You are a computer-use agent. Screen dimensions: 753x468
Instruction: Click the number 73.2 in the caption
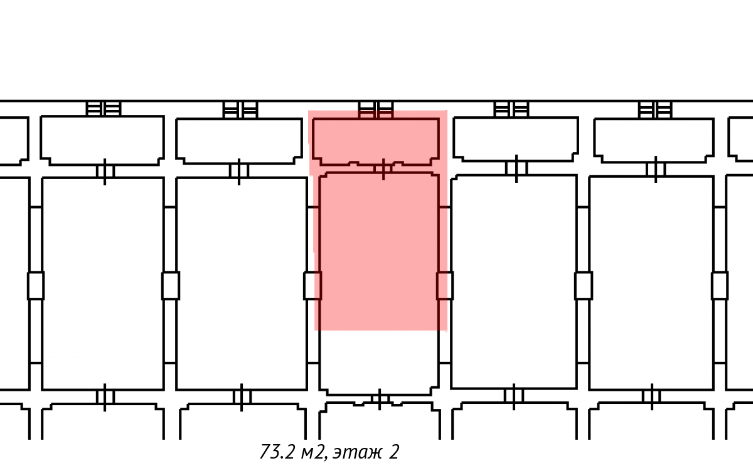pos(277,452)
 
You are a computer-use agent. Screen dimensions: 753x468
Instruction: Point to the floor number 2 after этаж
pos(394,452)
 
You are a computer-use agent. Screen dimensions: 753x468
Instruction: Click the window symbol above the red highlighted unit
pos(375,110)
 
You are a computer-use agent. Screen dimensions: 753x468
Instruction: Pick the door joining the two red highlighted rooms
pos(383,169)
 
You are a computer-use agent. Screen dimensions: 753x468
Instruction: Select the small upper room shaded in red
pos(376,141)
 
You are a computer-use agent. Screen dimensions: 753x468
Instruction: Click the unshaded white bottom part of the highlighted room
pos(379,362)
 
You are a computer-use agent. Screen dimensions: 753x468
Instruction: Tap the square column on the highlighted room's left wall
pos(312,286)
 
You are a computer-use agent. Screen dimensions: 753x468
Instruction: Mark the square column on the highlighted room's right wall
pos(445,286)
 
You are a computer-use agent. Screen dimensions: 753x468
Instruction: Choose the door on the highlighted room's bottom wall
pos(380,400)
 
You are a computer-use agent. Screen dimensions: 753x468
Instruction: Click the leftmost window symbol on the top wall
pos(103,109)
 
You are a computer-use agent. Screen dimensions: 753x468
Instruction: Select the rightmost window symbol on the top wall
pos(655,110)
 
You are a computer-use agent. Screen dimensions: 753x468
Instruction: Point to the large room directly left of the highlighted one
pos(242,283)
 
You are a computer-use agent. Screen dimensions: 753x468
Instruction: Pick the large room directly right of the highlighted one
pos(514,282)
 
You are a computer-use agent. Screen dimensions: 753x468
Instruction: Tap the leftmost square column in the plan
pos(36,286)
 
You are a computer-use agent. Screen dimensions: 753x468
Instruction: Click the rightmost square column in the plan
pos(720,286)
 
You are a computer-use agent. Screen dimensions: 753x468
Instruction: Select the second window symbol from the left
pos(240,110)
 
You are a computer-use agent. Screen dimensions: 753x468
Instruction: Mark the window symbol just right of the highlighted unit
pos(511,109)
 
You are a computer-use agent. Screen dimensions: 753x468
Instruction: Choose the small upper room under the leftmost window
pos(102,141)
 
